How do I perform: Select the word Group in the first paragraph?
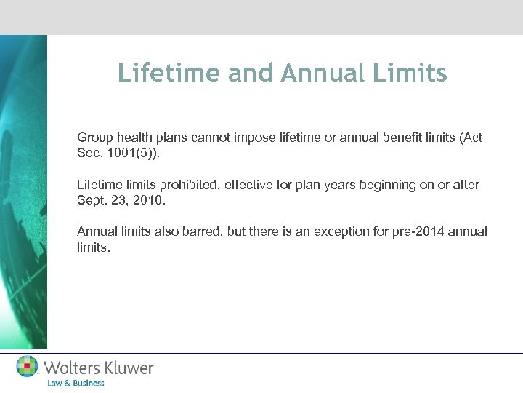tap(94, 138)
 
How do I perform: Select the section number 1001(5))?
tap(131, 154)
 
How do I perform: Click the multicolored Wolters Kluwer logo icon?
tap(28, 367)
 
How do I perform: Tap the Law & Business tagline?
tap(76, 383)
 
